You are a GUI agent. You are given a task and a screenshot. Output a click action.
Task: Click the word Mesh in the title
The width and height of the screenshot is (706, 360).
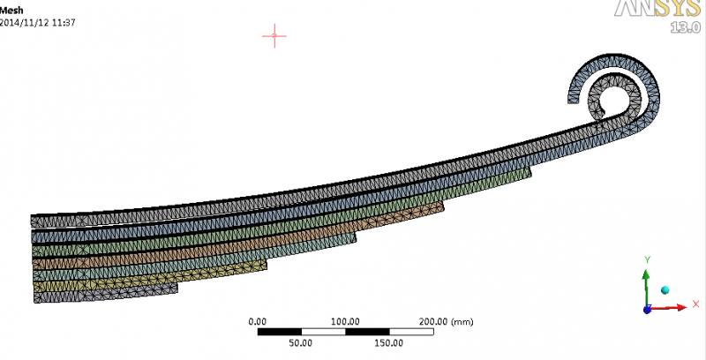coord(11,10)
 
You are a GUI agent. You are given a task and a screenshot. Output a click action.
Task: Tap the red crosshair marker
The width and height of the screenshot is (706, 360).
coord(274,36)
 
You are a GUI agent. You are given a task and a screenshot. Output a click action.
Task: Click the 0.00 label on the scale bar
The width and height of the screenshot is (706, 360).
coord(258,322)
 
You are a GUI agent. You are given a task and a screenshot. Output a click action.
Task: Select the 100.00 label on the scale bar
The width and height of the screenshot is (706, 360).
coord(345,322)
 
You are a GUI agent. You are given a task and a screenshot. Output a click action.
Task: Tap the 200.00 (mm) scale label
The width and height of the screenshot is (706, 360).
coord(447,322)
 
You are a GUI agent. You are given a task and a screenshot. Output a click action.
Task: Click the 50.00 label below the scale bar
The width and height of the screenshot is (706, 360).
coord(301,343)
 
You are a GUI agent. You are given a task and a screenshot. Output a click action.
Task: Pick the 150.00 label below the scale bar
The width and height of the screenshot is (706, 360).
coord(389,343)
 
